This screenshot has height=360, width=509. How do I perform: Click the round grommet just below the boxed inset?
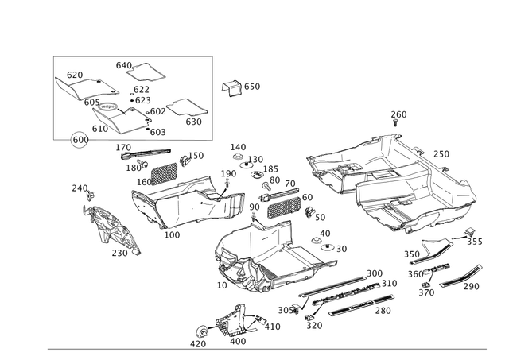(x=79, y=141)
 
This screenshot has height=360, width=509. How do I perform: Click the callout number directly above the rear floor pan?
(x=397, y=115)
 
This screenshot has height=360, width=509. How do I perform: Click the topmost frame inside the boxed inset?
(x=140, y=70)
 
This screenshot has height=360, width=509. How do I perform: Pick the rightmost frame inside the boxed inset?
(x=186, y=110)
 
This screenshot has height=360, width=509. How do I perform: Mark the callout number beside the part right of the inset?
(x=253, y=86)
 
